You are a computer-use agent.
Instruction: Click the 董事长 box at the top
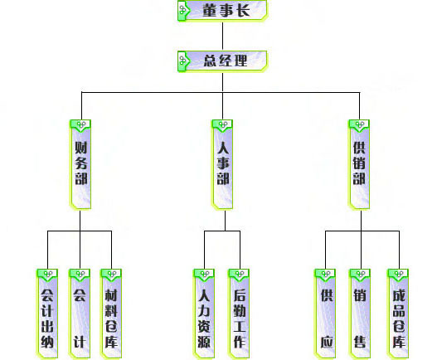222,10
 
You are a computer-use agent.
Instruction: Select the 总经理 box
222,61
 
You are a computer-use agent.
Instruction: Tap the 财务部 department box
80,164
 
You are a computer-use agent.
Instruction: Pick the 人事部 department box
222,164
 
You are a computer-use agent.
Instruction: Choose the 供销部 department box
359,164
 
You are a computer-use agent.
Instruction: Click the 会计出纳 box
47,314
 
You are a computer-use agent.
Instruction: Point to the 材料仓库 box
111,314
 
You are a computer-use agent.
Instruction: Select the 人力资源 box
204,314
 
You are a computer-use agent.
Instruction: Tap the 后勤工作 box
239,314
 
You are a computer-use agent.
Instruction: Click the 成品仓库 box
398,314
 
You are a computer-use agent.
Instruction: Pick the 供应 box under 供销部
325,314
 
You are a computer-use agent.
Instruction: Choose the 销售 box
360,314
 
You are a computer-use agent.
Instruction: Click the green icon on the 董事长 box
183,11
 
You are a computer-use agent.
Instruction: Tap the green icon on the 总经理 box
183,61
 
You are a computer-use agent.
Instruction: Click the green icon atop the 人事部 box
222,125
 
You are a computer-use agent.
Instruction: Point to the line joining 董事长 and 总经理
222,36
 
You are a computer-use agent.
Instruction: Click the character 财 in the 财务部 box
80,148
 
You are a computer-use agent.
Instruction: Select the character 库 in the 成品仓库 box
399,342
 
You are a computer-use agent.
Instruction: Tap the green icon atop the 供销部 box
359,125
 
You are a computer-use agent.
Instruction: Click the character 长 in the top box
242,11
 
